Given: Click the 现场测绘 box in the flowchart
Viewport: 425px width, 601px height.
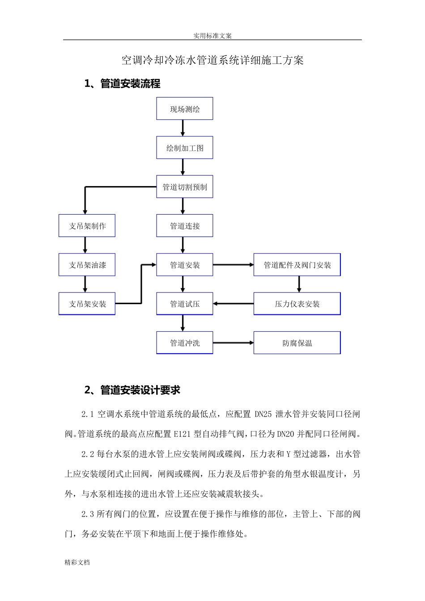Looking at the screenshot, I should pyautogui.click(x=184, y=109).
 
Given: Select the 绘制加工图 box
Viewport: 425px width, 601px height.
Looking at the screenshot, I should pyautogui.click(x=184, y=148).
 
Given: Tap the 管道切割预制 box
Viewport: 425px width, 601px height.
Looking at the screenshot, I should pyautogui.click(x=184, y=186).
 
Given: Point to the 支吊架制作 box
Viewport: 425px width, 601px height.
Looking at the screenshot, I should pyautogui.click(x=87, y=225).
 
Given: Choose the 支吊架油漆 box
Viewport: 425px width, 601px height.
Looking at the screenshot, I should pyautogui.click(x=87, y=265).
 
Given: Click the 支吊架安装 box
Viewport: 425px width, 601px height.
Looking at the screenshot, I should pyautogui.click(x=87, y=304).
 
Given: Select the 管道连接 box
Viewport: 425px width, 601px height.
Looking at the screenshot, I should pyautogui.click(x=184, y=225).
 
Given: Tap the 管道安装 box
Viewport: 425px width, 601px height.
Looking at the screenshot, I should pyautogui.click(x=184, y=265).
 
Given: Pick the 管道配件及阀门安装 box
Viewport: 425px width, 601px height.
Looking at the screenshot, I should pyautogui.click(x=297, y=265).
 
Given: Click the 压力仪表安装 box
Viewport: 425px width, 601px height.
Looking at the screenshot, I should pyautogui.click(x=297, y=304).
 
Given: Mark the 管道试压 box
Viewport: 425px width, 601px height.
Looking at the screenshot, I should pyautogui.click(x=184, y=304).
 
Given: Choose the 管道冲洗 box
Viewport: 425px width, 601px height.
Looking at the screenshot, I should pyautogui.click(x=184, y=343).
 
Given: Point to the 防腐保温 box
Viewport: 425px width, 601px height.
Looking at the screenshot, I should pyautogui.click(x=297, y=343).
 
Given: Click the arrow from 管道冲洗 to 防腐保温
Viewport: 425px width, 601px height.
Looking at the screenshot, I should pyautogui.click(x=233, y=343).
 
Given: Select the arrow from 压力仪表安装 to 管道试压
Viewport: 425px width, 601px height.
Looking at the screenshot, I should pyautogui.click(x=233, y=304).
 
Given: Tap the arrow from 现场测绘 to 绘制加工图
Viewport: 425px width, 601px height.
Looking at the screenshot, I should pyautogui.click(x=183, y=128).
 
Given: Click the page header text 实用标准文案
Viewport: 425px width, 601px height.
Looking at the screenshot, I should pyautogui.click(x=212, y=35).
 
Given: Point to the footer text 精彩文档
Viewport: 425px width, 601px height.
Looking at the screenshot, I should pyautogui.click(x=77, y=562).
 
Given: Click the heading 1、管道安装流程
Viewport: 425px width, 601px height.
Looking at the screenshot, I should pyautogui.click(x=122, y=84).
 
